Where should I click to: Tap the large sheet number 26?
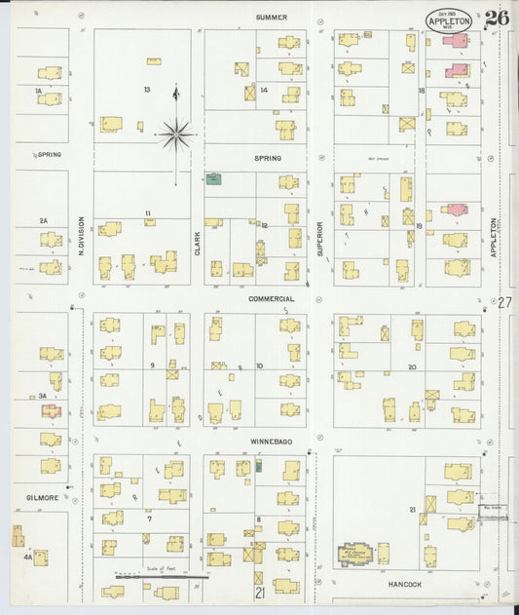coord(496,18)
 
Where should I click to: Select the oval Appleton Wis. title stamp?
coord(449,19)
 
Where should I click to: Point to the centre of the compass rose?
coord(175,135)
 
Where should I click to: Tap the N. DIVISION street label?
coord(82,237)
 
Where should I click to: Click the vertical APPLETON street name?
coord(494,237)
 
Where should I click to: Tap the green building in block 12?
coord(213,178)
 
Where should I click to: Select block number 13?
coord(147,90)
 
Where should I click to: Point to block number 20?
coord(412,367)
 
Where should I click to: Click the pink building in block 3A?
coord(51,411)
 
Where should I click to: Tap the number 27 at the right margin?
coord(503,303)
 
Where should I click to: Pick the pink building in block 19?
coord(454,210)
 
